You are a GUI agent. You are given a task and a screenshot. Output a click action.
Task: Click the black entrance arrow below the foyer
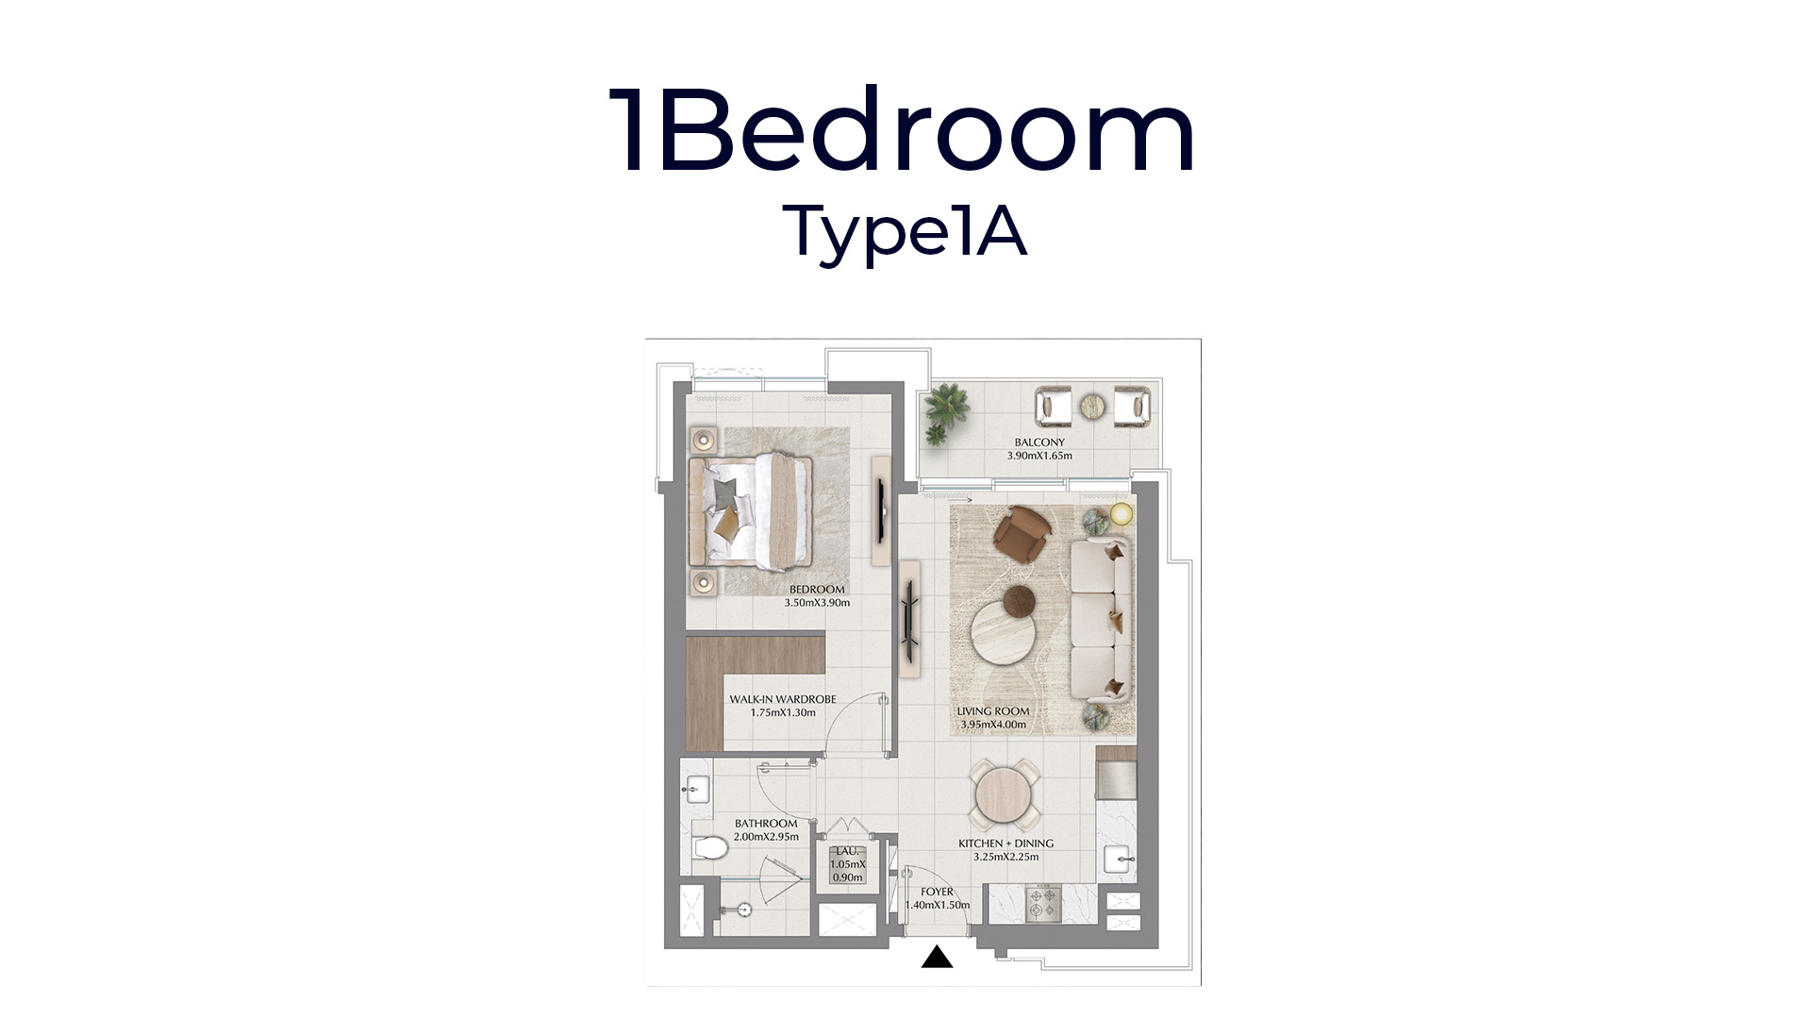(x=937, y=958)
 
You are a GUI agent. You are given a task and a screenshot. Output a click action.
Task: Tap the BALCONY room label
(x=1039, y=449)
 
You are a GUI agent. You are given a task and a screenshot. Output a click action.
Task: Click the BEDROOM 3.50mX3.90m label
(x=817, y=596)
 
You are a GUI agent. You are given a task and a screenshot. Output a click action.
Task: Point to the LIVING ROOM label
(x=993, y=718)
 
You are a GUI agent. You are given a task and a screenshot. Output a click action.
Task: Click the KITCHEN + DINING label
(x=1005, y=850)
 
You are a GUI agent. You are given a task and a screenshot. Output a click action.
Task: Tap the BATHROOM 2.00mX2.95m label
(x=766, y=830)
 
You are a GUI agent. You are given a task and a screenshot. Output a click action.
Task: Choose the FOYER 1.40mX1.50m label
(x=938, y=898)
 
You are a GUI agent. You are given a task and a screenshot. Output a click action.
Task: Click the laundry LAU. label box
(x=847, y=864)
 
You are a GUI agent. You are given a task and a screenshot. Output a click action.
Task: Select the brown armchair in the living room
(x=1022, y=533)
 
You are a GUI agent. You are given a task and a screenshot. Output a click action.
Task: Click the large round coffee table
(x=1006, y=635)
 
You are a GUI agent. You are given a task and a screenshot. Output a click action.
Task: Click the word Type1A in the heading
(x=905, y=230)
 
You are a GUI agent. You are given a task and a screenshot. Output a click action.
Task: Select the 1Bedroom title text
(x=903, y=131)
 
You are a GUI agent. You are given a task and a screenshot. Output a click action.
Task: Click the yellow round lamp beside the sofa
(x=1121, y=514)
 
